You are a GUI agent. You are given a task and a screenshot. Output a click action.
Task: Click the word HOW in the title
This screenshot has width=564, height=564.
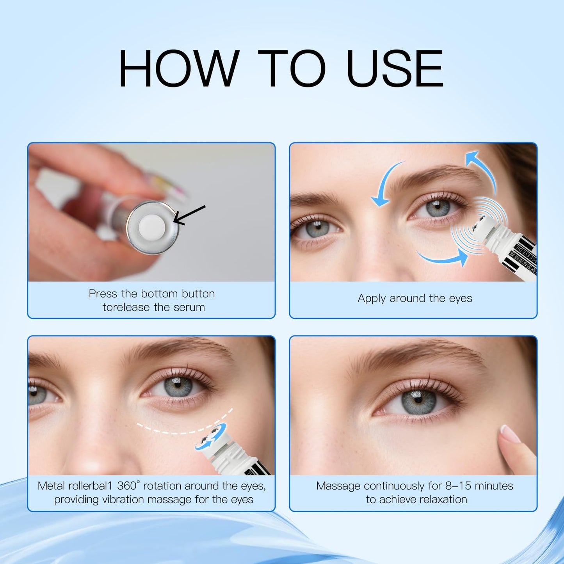[x=178, y=69]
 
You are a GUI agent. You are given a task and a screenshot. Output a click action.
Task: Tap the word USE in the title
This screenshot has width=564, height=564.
[x=395, y=69]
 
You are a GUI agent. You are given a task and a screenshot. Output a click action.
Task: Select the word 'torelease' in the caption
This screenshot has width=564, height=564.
[x=126, y=308]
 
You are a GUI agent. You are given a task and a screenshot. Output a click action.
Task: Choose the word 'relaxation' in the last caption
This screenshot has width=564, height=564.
[x=443, y=500]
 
